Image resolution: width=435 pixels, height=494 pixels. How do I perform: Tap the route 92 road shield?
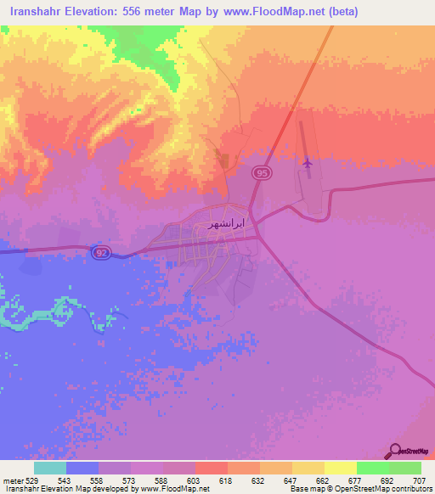100,254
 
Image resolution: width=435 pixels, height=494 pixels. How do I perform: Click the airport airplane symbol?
307,161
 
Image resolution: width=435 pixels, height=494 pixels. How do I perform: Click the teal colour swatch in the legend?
49,468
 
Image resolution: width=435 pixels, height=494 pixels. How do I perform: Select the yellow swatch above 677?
340,468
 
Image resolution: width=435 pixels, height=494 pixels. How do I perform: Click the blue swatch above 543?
82,468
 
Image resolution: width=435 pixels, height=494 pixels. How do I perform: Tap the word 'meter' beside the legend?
12,480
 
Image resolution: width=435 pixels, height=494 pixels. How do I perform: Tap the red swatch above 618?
211,468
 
